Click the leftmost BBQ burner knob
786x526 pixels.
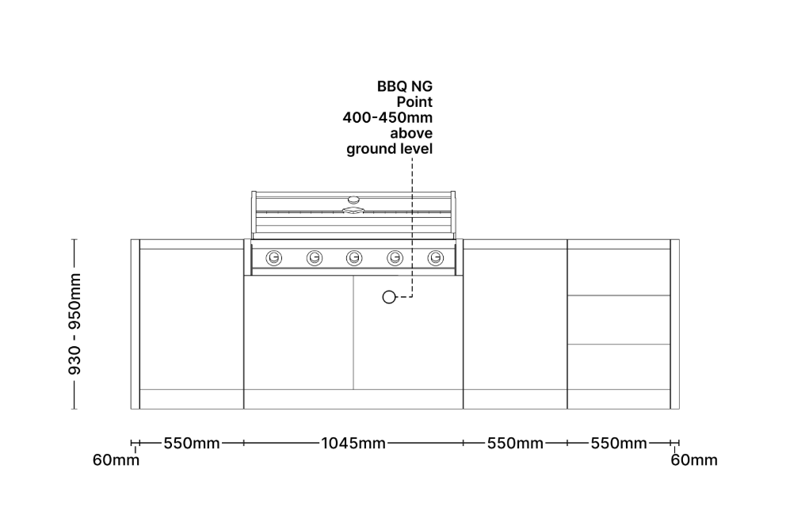click(274, 257)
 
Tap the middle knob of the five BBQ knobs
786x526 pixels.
click(354, 257)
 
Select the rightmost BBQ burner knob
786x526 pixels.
click(435, 257)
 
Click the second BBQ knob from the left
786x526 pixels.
click(315, 257)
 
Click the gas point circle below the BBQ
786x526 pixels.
click(388, 297)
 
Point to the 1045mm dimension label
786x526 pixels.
click(353, 443)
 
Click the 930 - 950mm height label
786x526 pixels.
click(74, 325)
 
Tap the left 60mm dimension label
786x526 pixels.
click(116, 460)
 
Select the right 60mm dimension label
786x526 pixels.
click(694, 460)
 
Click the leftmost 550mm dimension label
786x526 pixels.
click(192, 443)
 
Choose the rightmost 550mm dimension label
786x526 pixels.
click(619, 443)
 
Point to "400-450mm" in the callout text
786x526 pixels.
click(387, 117)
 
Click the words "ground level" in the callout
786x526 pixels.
click(389, 149)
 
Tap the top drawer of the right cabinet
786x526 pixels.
click(619, 272)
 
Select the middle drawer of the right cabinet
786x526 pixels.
click(619, 319)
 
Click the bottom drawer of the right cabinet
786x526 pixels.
click(619, 366)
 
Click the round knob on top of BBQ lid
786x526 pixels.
click(353, 198)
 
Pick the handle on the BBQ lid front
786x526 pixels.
click(353, 211)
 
